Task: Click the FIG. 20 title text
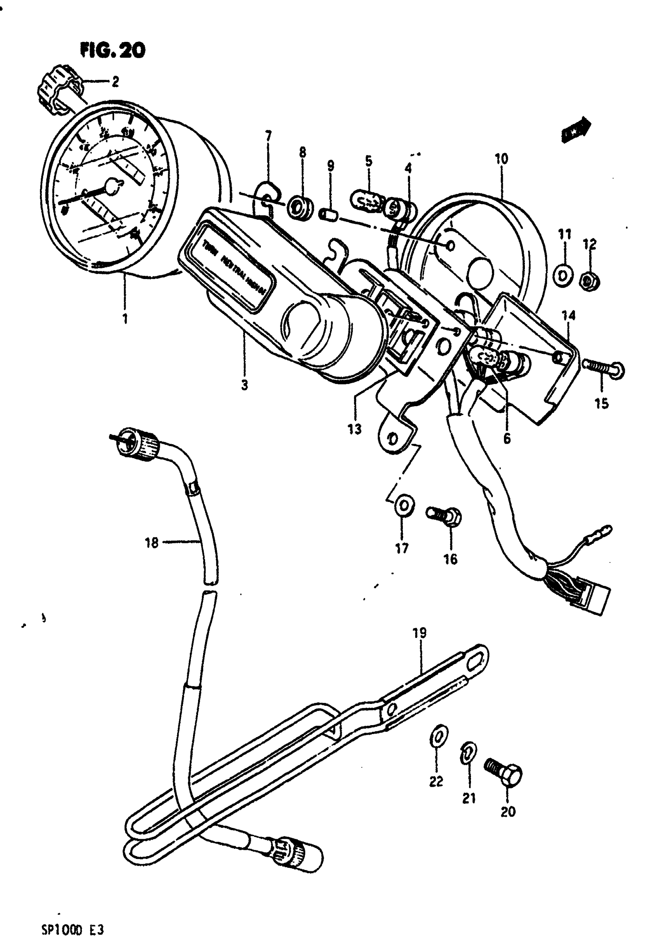pyautogui.click(x=112, y=50)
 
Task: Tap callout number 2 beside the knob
pyautogui.click(x=115, y=82)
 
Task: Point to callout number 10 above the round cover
pyautogui.click(x=501, y=159)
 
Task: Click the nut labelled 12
pyautogui.click(x=590, y=281)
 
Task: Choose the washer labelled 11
pyautogui.click(x=563, y=276)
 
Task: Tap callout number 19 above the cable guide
pyautogui.click(x=419, y=633)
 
